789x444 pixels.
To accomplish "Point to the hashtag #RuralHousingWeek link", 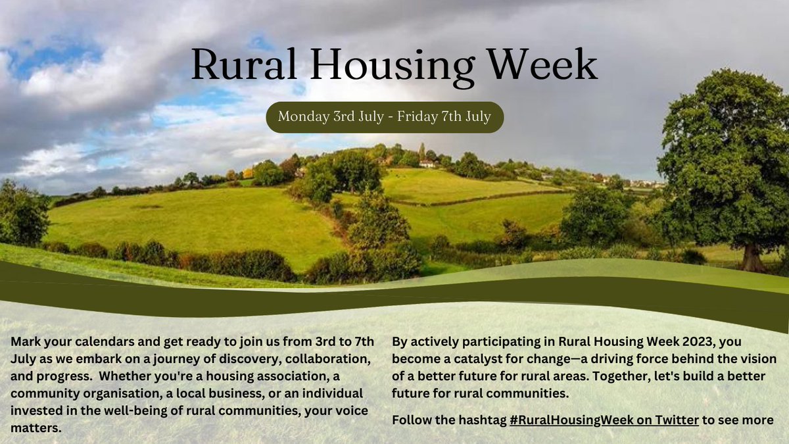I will click(604, 420).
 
